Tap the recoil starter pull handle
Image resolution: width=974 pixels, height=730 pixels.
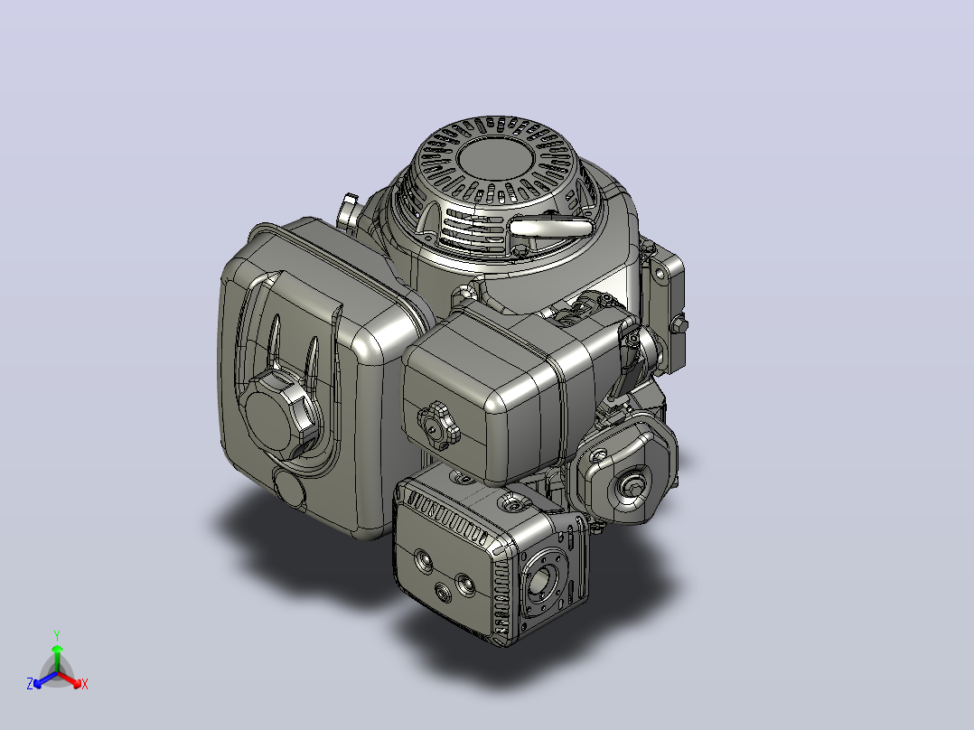pyautogui.click(x=549, y=228)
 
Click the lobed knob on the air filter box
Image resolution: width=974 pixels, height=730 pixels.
pyautogui.click(x=438, y=425)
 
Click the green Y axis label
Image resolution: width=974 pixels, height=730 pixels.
pyautogui.click(x=57, y=635)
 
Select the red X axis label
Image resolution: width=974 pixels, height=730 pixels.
pyautogui.click(x=85, y=684)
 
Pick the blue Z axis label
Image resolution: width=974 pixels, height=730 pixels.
pyautogui.click(x=29, y=684)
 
